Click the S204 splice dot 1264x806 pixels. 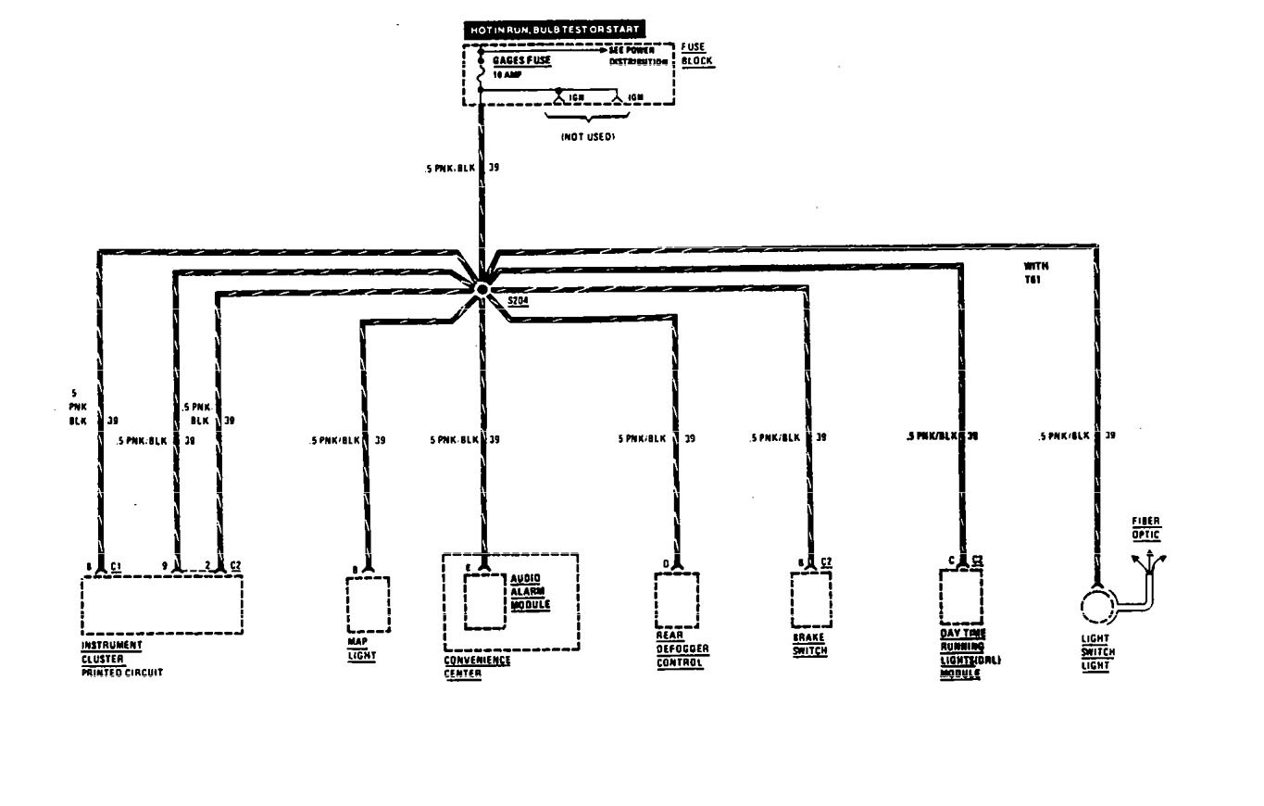[482, 289]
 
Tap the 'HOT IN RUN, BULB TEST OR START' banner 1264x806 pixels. [554, 30]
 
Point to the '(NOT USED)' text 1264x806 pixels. [588, 136]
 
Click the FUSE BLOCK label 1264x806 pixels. [696, 53]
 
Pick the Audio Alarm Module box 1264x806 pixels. [484, 601]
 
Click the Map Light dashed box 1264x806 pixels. [368, 604]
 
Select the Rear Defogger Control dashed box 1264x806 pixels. [676, 599]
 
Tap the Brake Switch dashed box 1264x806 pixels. [810, 599]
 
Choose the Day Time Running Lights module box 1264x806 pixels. [962, 597]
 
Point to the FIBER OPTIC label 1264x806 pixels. [1145, 528]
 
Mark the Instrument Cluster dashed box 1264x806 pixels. [162, 604]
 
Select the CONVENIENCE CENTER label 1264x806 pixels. [477, 667]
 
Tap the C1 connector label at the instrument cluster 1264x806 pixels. [116, 564]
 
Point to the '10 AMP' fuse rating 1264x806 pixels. [506, 73]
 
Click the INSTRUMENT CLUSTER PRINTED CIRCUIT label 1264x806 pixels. [120, 658]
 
